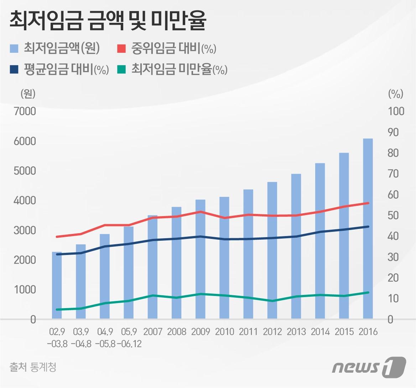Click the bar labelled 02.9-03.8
pyautogui.click(x=57, y=285)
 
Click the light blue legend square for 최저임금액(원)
pyautogui.click(x=14, y=49)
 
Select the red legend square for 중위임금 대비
pyautogui.click(x=122, y=49)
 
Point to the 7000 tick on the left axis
pyautogui.click(x=25, y=111)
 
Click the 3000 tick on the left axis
pyautogui.click(x=25, y=230)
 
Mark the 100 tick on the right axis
pyautogui.click(x=396, y=111)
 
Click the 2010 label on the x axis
pyautogui.click(x=224, y=332)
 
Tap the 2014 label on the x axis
pyautogui.click(x=320, y=332)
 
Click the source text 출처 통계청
pyautogui.click(x=33, y=367)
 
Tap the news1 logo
pyautogui.click(x=369, y=366)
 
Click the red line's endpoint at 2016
pyautogui.click(x=368, y=203)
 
